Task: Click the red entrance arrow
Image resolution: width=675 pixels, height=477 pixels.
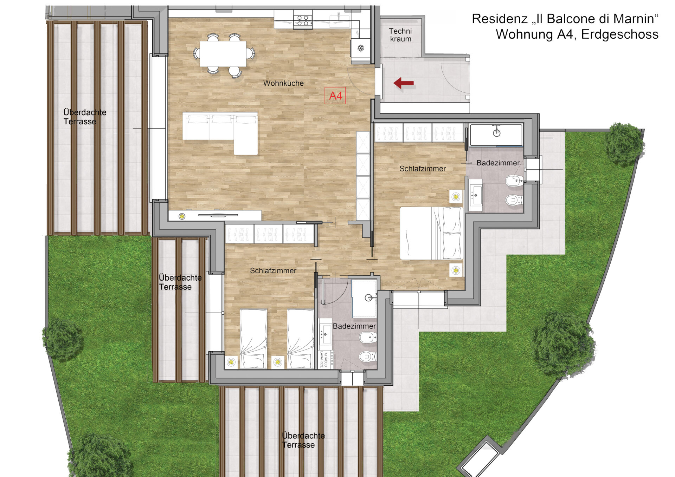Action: (403, 83)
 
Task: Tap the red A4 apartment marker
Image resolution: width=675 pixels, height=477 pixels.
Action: (335, 96)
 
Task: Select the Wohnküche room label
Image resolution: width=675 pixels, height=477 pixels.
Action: (283, 83)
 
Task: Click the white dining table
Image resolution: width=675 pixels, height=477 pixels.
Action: (223, 54)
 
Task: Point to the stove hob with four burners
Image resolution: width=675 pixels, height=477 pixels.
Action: (303, 20)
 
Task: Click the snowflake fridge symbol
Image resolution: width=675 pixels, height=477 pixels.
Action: (361, 48)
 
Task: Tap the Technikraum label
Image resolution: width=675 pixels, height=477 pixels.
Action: (400, 35)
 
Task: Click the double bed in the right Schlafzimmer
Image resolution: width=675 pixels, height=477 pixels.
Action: (432, 233)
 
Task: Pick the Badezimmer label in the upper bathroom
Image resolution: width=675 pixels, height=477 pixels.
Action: (498, 163)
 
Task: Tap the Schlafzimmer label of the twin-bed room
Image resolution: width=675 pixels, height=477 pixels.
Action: (273, 271)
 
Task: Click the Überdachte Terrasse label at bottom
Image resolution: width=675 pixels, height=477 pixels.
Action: (303, 440)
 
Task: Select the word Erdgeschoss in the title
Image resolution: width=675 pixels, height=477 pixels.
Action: (620, 34)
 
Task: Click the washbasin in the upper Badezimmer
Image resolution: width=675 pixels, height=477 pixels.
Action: (476, 195)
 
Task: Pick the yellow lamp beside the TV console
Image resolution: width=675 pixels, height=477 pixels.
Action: (182, 216)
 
